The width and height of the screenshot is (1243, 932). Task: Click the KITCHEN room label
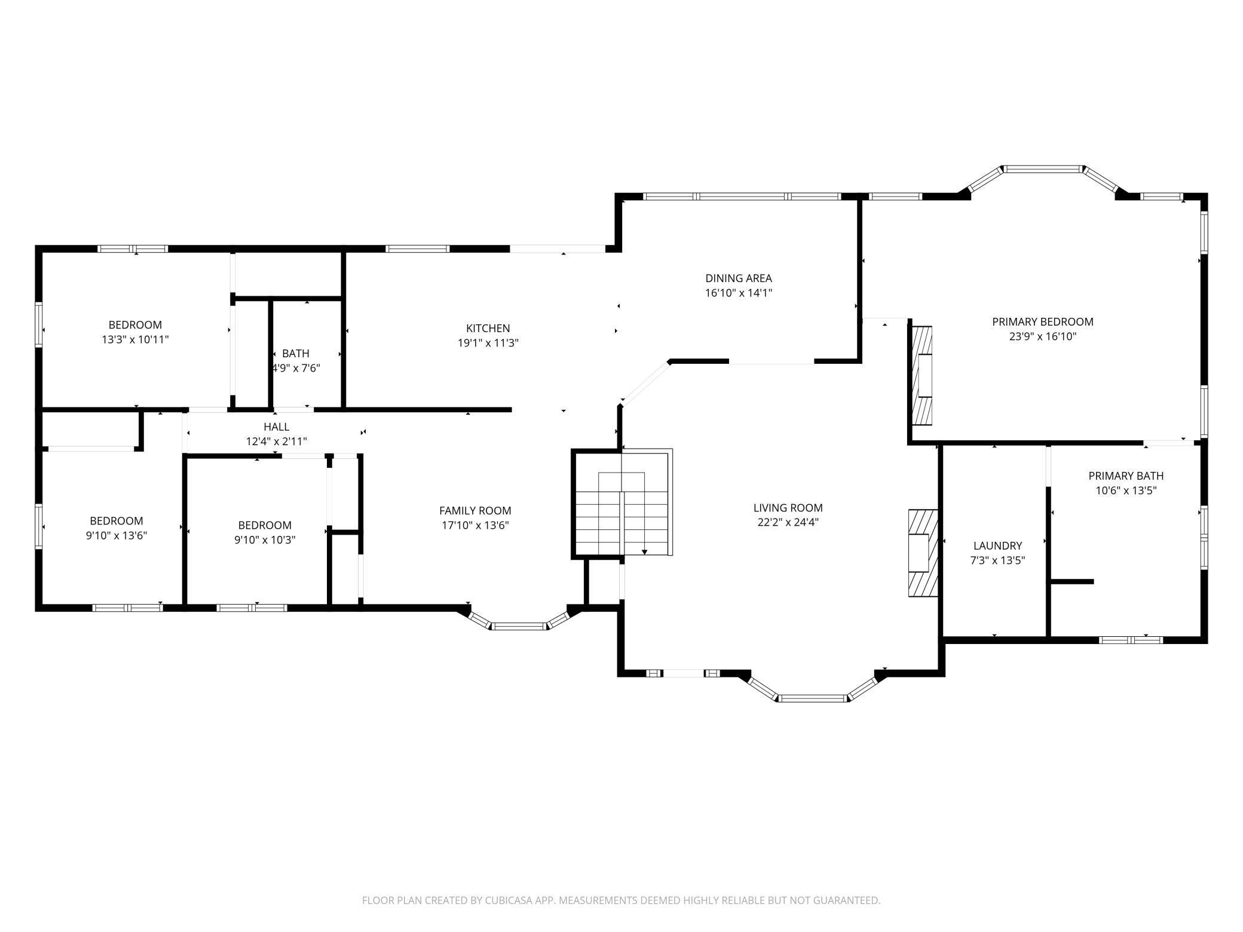pos(488,328)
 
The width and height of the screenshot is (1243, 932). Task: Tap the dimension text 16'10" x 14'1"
pos(738,293)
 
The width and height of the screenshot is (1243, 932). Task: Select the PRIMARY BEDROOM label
pos(1042,321)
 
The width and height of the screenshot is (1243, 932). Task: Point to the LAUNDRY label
pos(997,545)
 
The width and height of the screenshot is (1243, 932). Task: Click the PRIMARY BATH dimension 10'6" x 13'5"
pos(1126,490)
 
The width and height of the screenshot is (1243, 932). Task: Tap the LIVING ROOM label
pos(788,508)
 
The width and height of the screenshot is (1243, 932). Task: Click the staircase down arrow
pos(644,551)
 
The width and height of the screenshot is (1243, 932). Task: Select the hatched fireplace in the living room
pos(922,553)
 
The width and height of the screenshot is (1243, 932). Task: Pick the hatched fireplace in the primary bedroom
pos(922,375)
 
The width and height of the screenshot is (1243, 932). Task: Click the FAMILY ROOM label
pos(475,510)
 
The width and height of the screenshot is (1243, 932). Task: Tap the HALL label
pos(276,427)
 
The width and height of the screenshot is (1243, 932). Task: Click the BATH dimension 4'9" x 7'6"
pos(296,368)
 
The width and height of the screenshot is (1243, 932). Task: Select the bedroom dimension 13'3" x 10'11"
pos(135,339)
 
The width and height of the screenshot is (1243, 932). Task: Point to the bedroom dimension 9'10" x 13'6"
pos(117,535)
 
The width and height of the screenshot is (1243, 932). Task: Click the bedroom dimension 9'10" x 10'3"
pos(265,539)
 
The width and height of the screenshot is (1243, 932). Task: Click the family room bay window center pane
pos(519,626)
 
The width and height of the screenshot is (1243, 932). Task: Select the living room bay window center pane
pos(813,698)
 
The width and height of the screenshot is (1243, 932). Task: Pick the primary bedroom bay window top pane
pos(1043,169)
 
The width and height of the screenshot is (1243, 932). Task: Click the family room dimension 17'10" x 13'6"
pos(475,525)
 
